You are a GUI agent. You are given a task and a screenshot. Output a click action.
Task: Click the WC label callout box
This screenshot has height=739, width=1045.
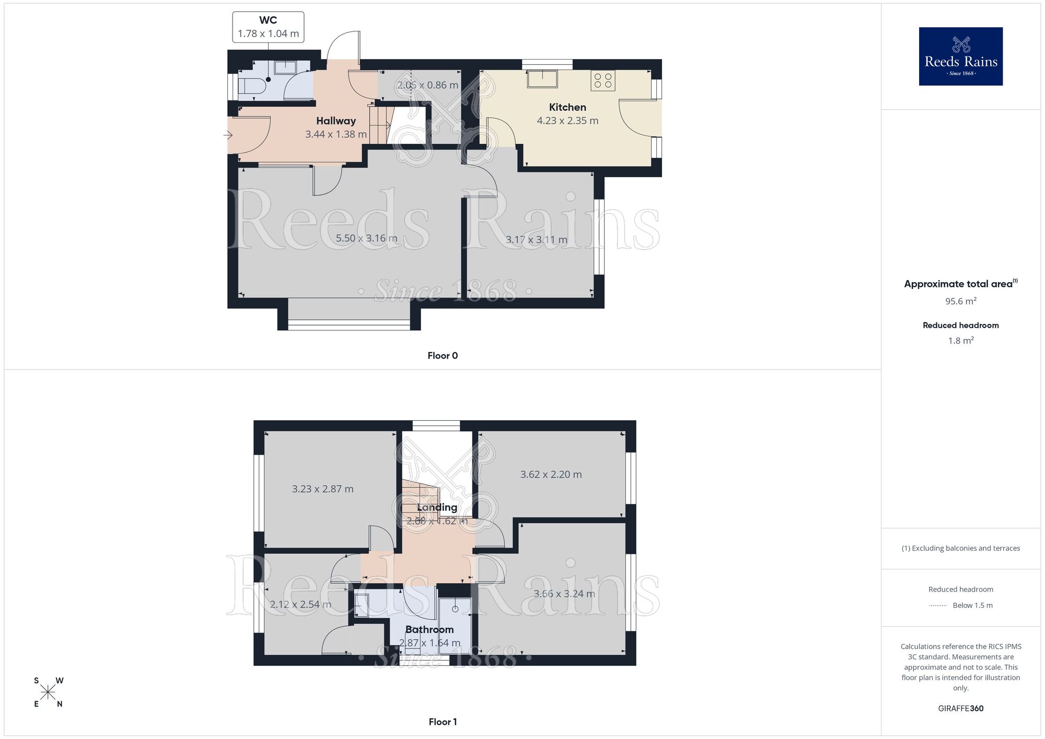tap(268, 27)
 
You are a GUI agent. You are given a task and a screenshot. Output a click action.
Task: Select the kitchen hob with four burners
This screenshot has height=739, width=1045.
tap(603, 80)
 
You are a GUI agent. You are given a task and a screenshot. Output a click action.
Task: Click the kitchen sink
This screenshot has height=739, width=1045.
tap(542, 78)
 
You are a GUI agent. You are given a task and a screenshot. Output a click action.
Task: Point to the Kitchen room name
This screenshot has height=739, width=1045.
tap(567, 107)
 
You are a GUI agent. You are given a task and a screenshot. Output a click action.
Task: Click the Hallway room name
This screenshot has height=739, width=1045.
tap(336, 121)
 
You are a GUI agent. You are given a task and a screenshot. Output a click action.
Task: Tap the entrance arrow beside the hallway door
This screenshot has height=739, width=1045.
tap(228, 135)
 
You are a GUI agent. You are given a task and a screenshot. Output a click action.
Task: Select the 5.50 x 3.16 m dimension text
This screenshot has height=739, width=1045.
tap(366, 238)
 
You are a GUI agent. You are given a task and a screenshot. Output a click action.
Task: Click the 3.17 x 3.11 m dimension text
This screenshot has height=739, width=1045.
tap(536, 240)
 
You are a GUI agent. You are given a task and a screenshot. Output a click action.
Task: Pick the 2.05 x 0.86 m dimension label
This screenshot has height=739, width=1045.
tap(427, 85)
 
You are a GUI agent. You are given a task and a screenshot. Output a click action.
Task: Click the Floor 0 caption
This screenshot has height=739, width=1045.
tap(443, 356)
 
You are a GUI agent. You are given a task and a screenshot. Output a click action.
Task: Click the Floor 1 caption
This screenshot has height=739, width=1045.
tap(443, 722)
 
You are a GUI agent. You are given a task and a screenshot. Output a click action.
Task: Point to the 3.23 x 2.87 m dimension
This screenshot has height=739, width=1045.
tap(322, 489)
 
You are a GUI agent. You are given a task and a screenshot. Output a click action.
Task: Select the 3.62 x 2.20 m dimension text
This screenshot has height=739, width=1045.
tap(551, 475)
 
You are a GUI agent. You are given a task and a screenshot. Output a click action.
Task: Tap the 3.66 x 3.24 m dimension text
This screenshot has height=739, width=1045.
tap(564, 594)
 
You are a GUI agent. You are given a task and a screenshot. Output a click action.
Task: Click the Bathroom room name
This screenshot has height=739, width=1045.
tap(429, 630)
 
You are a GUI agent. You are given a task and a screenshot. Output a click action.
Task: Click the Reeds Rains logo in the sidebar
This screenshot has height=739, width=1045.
tap(960, 56)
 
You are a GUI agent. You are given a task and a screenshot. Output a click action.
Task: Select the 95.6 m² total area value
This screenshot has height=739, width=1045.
tap(960, 301)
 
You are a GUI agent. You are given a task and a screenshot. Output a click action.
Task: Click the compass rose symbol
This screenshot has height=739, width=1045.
tap(48, 692)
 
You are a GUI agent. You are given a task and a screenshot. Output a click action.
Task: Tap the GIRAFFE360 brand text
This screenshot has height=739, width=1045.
tap(960, 709)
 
